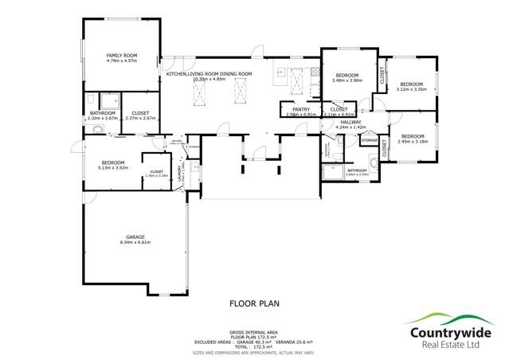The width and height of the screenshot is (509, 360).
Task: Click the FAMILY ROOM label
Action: [x=123, y=55]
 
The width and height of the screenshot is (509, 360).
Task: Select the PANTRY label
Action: [x=301, y=109]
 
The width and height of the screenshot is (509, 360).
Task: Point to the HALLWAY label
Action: [x=350, y=122]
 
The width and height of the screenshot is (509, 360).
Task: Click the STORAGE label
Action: [x=369, y=141]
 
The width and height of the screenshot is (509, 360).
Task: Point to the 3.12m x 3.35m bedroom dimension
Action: [x=410, y=89]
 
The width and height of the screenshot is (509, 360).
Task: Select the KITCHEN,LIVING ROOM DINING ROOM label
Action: [x=209, y=74]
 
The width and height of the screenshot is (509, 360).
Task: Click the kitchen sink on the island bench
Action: [x=280, y=73]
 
